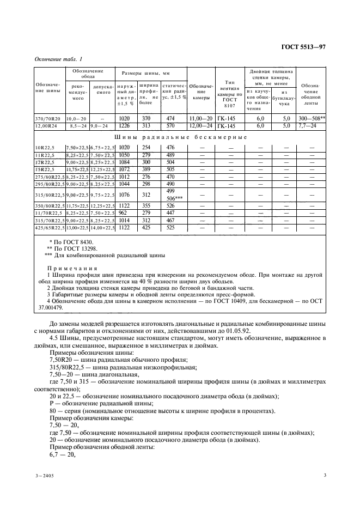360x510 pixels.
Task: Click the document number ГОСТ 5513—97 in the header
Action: point(302,47)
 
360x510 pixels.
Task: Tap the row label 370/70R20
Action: point(47,118)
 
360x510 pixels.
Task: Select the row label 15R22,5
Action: point(45,169)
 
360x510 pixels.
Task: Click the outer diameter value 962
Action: point(123,213)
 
